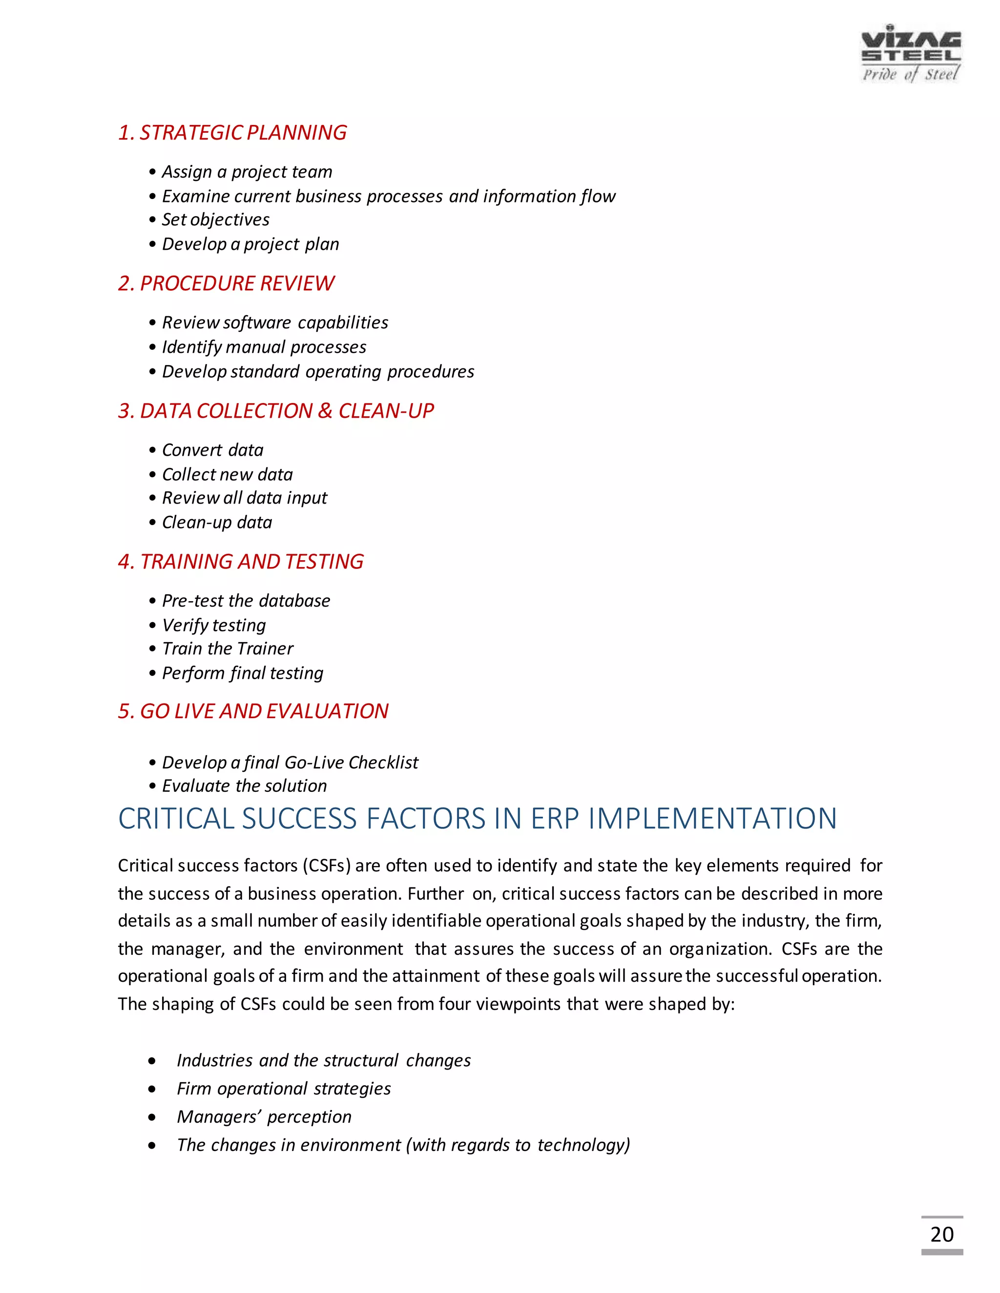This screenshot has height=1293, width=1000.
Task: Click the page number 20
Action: [x=941, y=1234]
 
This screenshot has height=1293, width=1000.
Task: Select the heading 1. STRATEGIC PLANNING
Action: [x=232, y=133]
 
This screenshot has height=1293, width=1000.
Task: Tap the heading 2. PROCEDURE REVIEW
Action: [x=226, y=283]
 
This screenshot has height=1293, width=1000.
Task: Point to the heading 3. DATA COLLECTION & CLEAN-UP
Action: [x=275, y=411]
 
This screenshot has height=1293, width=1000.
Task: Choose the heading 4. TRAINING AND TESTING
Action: [x=241, y=561]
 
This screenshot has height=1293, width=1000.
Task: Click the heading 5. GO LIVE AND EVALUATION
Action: [x=253, y=711]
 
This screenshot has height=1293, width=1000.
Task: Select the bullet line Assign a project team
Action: [x=247, y=172]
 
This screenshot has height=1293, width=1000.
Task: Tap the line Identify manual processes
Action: [x=264, y=347]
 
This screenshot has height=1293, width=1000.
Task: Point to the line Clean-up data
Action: [x=217, y=522]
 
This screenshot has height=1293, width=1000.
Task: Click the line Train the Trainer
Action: [x=228, y=649]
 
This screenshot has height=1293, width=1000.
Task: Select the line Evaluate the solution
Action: [x=244, y=786]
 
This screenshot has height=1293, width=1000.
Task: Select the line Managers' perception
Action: [x=264, y=1116]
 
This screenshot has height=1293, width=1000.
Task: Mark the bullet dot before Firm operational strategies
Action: [x=153, y=1089]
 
